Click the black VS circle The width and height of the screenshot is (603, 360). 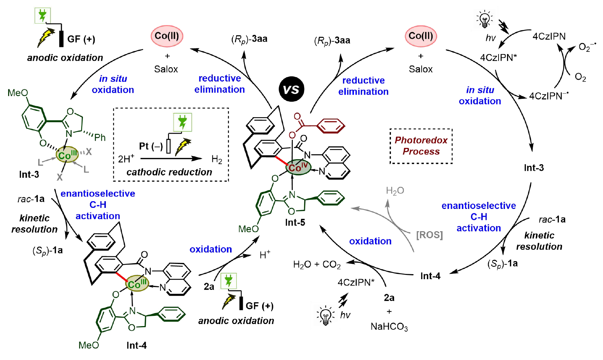tap(291, 89)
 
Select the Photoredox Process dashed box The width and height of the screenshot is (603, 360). tap(421, 146)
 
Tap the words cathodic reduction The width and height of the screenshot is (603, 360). tap(169, 172)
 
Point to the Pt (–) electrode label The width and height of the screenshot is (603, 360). tap(151, 146)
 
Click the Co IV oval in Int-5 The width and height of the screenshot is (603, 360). tap(298, 167)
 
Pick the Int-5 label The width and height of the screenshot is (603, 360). tap(295, 222)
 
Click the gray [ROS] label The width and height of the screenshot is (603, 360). tap(429, 235)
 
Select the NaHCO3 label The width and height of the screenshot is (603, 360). tap(389, 327)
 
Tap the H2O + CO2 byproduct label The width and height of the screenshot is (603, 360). tap(317, 264)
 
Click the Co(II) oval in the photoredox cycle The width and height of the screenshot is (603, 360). tap(421, 36)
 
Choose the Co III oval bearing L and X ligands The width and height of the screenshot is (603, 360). tap(67, 155)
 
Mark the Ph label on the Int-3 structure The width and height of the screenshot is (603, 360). tap(100, 137)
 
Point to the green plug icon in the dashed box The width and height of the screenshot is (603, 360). tap(182, 122)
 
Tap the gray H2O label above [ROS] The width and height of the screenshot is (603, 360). tap(395, 191)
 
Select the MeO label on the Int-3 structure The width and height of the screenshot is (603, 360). tap(18, 93)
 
